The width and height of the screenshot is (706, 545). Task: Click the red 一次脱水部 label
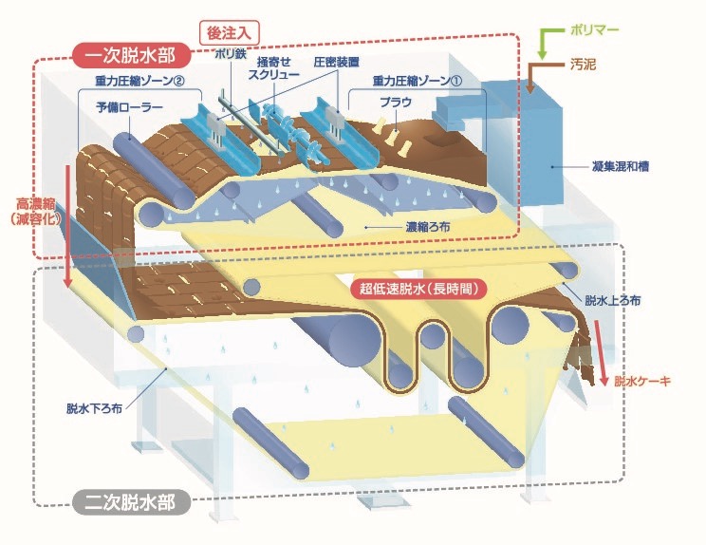click(131, 55)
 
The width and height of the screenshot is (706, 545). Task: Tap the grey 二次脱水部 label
click(131, 502)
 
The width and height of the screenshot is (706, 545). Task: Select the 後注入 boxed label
click(229, 33)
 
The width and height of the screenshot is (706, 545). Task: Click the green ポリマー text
click(594, 30)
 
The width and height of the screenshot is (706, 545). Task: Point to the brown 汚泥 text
click(583, 65)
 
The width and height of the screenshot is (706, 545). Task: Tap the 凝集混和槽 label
click(620, 167)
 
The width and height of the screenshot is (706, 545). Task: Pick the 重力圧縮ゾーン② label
click(140, 81)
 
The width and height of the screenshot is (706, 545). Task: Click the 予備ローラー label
click(130, 107)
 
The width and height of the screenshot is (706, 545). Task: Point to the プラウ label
click(396, 103)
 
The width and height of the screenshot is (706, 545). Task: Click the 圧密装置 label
click(336, 63)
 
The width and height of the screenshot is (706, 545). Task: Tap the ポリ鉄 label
click(231, 54)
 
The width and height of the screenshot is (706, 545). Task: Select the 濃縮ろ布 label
click(428, 227)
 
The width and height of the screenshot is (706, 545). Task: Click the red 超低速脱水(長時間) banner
click(418, 289)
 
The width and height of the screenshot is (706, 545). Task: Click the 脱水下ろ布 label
click(94, 408)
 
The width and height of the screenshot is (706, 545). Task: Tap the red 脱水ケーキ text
click(642, 382)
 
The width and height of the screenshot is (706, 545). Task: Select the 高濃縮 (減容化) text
click(36, 211)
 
